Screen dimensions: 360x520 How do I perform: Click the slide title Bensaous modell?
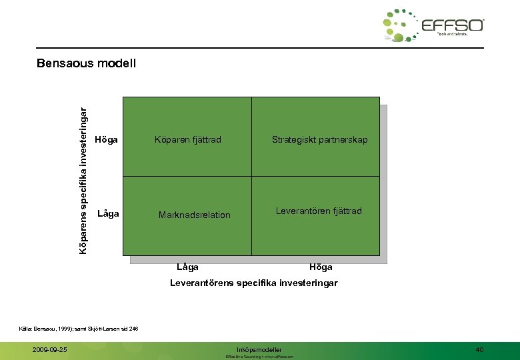87,64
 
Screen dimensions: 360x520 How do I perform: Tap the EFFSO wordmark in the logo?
453,25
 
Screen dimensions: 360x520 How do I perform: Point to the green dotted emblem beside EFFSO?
401,25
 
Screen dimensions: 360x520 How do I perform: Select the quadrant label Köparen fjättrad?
187,140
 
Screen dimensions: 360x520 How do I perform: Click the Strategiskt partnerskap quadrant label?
319,140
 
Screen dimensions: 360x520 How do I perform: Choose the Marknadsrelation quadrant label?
194,215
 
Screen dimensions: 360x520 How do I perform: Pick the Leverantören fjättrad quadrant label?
319,211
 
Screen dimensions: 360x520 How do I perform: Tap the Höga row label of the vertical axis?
107,140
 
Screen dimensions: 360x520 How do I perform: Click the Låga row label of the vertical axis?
108,214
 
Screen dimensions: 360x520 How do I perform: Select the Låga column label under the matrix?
187,267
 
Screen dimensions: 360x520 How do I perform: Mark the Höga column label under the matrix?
321,267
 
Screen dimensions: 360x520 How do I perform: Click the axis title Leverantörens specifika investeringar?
253,283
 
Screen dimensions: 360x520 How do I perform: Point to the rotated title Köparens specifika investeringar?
83,173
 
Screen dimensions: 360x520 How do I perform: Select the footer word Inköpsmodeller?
259,349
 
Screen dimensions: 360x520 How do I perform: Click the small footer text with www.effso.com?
259,357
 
